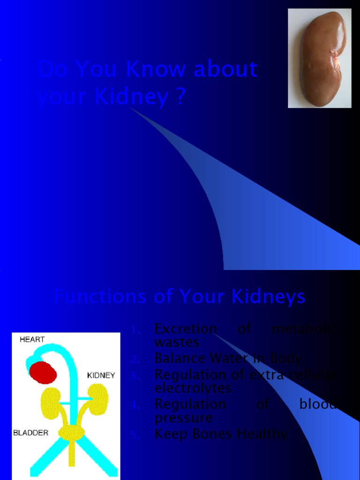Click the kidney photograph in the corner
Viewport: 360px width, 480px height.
(x=320, y=58)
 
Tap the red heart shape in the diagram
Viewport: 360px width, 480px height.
(x=43, y=373)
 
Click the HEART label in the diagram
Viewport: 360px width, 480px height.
(x=32, y=339)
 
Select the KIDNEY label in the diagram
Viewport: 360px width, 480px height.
(x=101, y=375)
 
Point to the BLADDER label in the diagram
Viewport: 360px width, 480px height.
(x=30, y=433)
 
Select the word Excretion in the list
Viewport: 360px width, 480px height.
(x=186, y=329)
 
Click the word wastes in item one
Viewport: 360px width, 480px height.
(x=177, y=342)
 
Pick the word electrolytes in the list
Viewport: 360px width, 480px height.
(x=193, y=388)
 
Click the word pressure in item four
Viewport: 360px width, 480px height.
(x=183, y=418)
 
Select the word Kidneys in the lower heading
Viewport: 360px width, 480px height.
(x=272, y=297)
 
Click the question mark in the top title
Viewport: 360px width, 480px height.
(x=180, y=97)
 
